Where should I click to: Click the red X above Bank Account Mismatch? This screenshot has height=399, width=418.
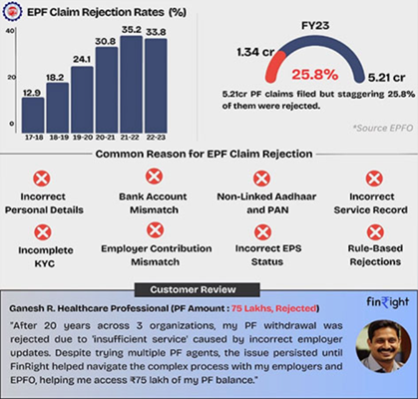(154, 178)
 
